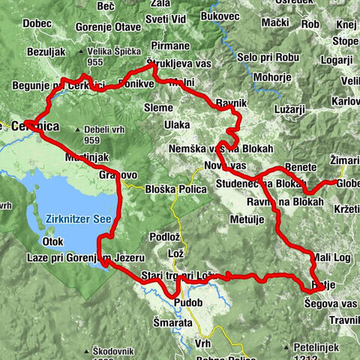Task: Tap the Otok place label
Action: point(52,242)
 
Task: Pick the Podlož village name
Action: point(163,238)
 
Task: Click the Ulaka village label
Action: point(178,124)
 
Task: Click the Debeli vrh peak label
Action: point(102,129)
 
